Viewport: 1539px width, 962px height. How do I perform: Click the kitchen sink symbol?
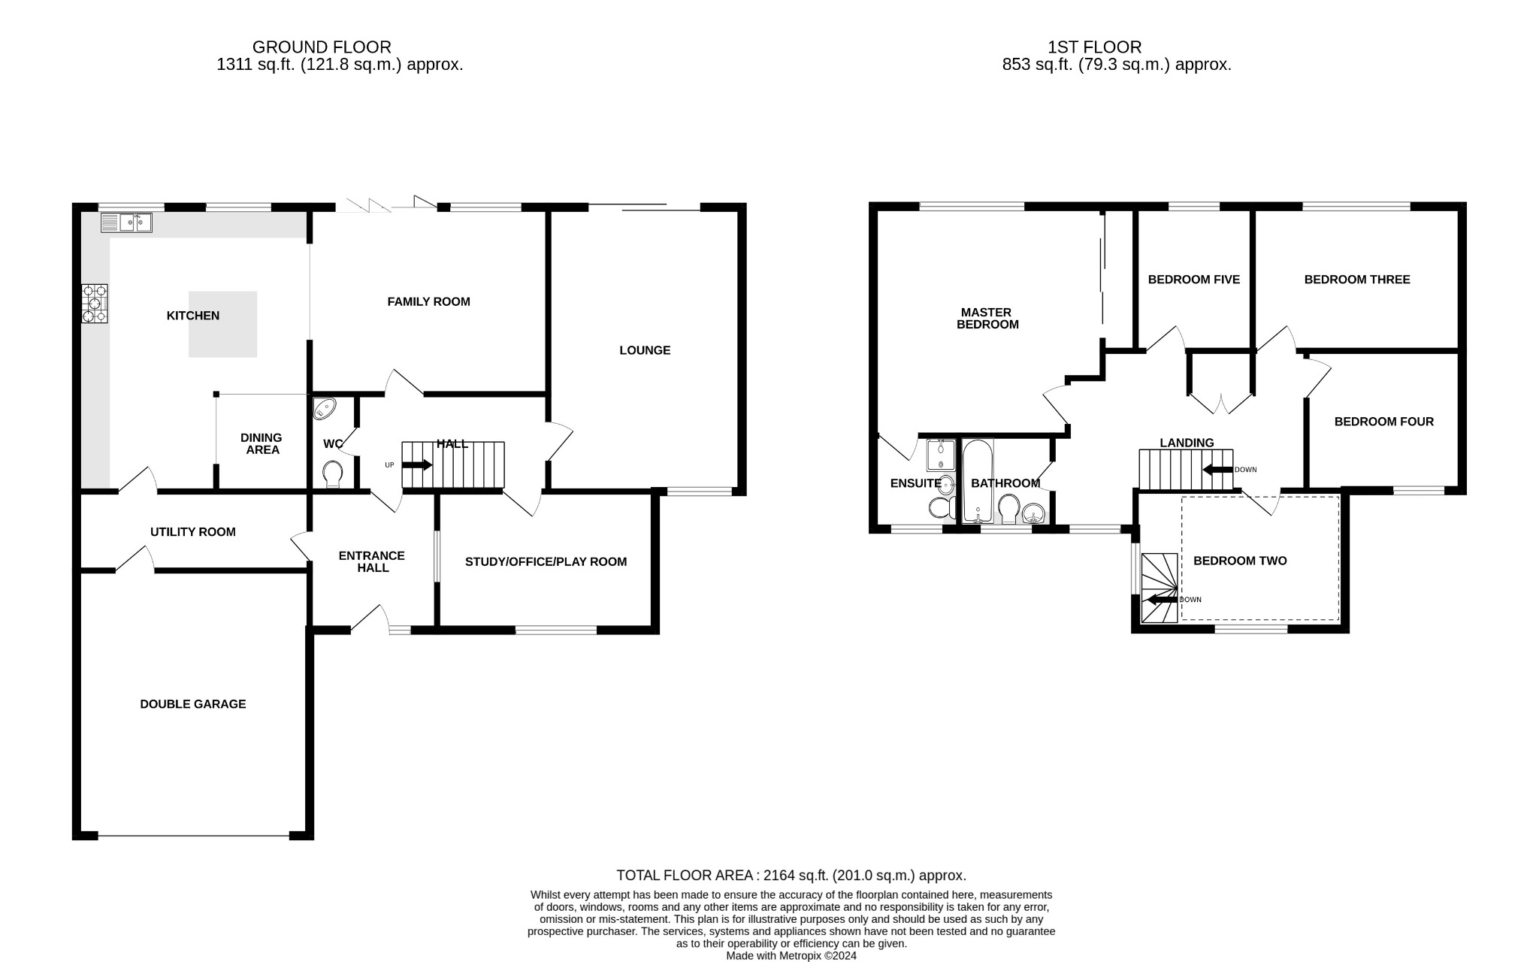point(126,222)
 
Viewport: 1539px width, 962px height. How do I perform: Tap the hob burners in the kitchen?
point(95,304)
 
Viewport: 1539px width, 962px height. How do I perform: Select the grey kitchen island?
point(222,324)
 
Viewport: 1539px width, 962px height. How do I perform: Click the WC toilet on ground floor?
point(332,473)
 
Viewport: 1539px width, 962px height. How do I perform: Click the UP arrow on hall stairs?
point(418,465)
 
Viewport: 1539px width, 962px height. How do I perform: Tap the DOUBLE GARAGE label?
point(193,704)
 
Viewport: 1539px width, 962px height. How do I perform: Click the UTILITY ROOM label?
point(193,532)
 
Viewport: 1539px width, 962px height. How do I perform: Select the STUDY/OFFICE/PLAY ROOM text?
point(546,561)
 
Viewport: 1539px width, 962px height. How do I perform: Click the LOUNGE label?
point(645,350)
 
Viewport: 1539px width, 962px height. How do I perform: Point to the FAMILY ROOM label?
point(428,301)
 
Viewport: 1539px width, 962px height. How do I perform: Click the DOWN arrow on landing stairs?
point(1218,470)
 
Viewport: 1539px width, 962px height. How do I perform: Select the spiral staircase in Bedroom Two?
point(1160,588)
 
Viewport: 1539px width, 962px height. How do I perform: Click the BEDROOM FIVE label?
point(1193,280)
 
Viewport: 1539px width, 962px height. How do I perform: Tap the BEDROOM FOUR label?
point(1383,422)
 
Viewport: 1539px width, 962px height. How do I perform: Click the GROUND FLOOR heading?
point(322,47)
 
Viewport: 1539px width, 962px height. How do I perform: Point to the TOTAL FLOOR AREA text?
point(791,876)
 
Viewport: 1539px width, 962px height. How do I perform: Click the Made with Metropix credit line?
point(791,956)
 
